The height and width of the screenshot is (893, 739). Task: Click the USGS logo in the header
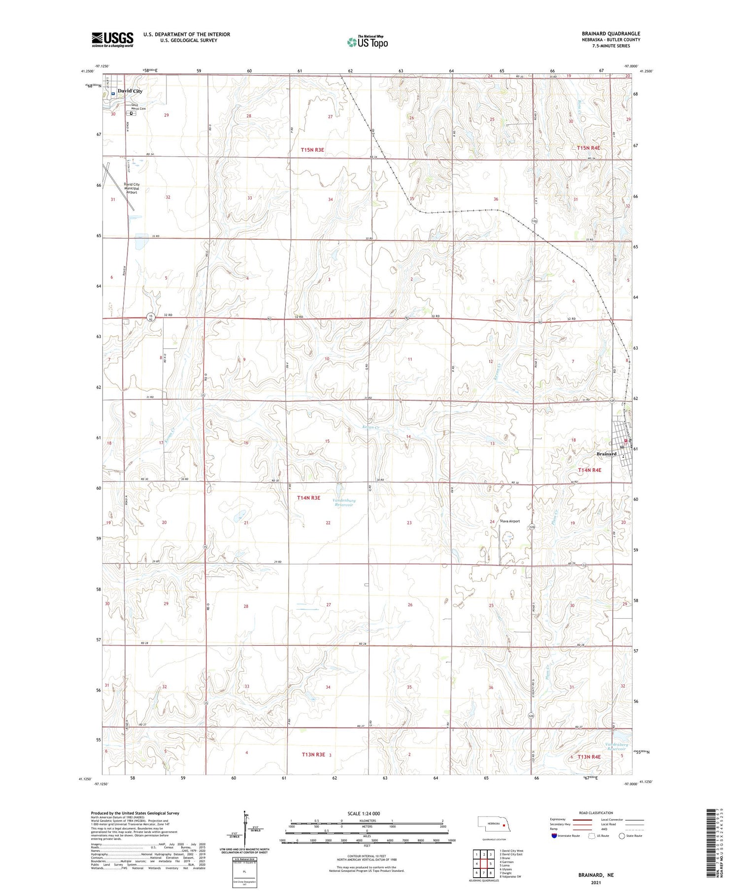pyautogui.click(x=112, y=39)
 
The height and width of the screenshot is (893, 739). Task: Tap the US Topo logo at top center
pyautogui.click(x=368, y=42)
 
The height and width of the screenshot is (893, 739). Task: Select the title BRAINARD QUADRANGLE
pyautogui.click(x=611, y=33)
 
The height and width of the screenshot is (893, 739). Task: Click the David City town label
pyautogui.click(x=130, y=91)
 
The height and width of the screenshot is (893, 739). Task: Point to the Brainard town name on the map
pyautogui.click(x=606, y=454)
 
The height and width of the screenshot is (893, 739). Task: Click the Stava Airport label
pyautogui.click(x=510, y=521)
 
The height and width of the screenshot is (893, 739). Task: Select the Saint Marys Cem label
pyautogui.click(x=138, y=107)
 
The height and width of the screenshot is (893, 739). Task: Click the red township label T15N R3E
pyautogui.click(x=313, y=149)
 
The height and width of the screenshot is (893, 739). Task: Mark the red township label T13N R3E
pyautogui.click(x=313, y=754)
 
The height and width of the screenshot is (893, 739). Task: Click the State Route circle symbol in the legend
pyautogui.click(x=622, y=836)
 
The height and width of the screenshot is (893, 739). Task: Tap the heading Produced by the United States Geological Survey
pyautogui.click(x=135, y=813)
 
